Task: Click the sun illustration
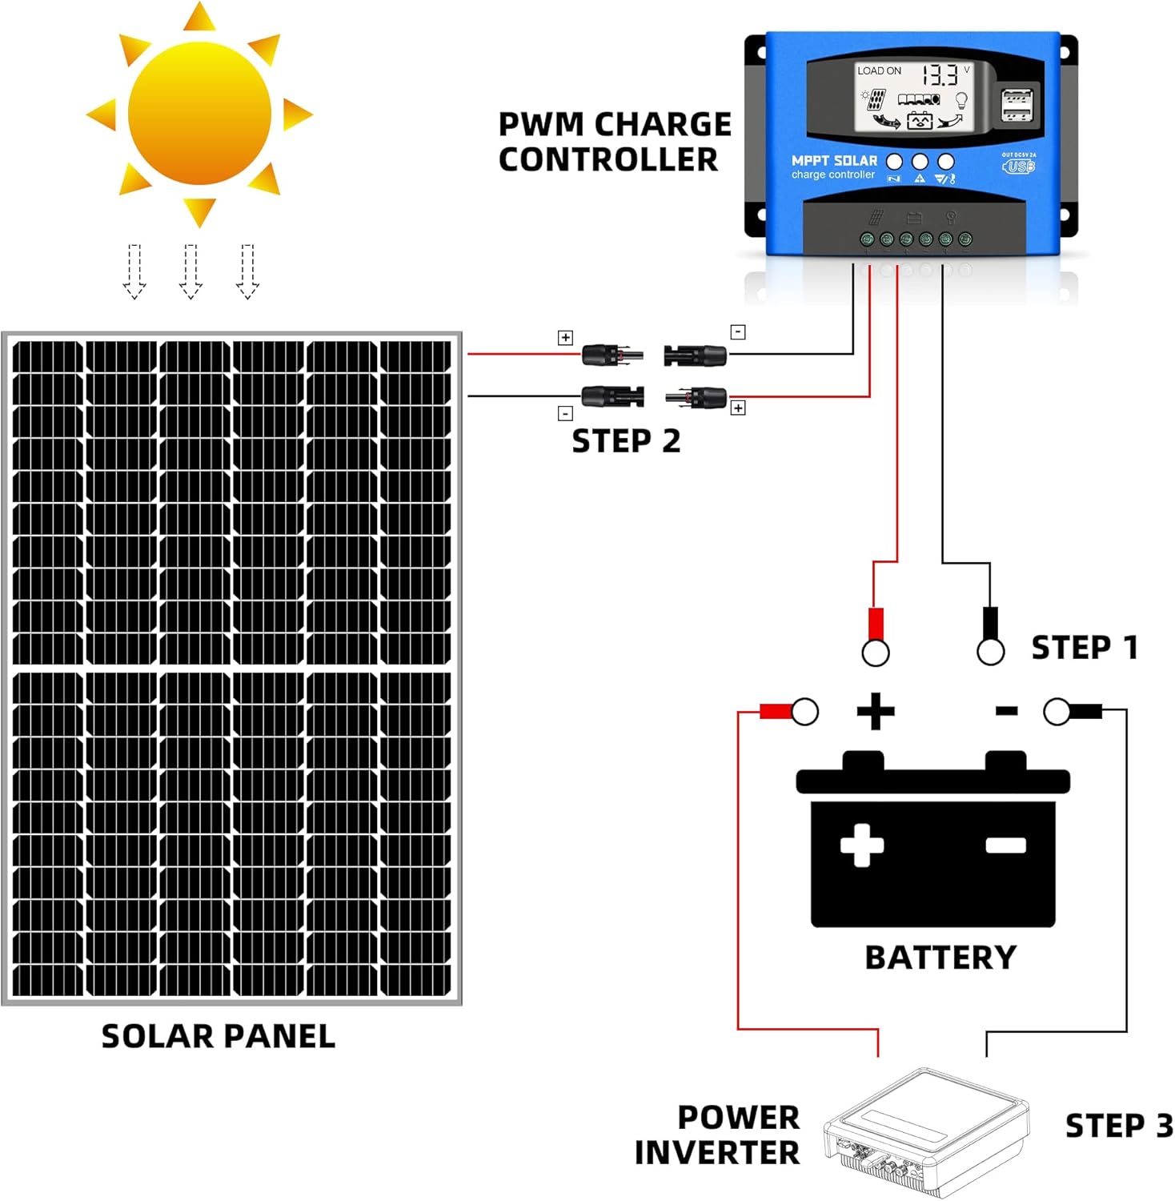(199, 114)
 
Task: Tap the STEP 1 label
(1084, 647)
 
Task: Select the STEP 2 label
(626, 441)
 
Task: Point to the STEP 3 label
(1118, 1125)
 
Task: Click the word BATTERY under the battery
(940, 958)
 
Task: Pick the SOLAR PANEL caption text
(218, 1036)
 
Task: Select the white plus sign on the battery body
(862, 845)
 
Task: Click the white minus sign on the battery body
(1005, 845)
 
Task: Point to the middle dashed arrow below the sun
(190, 271)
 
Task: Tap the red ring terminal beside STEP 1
(875, 651)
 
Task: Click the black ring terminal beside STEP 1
(990, 651)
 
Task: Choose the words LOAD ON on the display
(879, 70)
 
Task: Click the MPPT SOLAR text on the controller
(834, 161)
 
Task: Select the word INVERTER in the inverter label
(716, 1153)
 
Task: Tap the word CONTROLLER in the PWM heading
(608, 159)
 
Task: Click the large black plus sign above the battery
(875, 711)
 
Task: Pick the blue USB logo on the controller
(1018, 167)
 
